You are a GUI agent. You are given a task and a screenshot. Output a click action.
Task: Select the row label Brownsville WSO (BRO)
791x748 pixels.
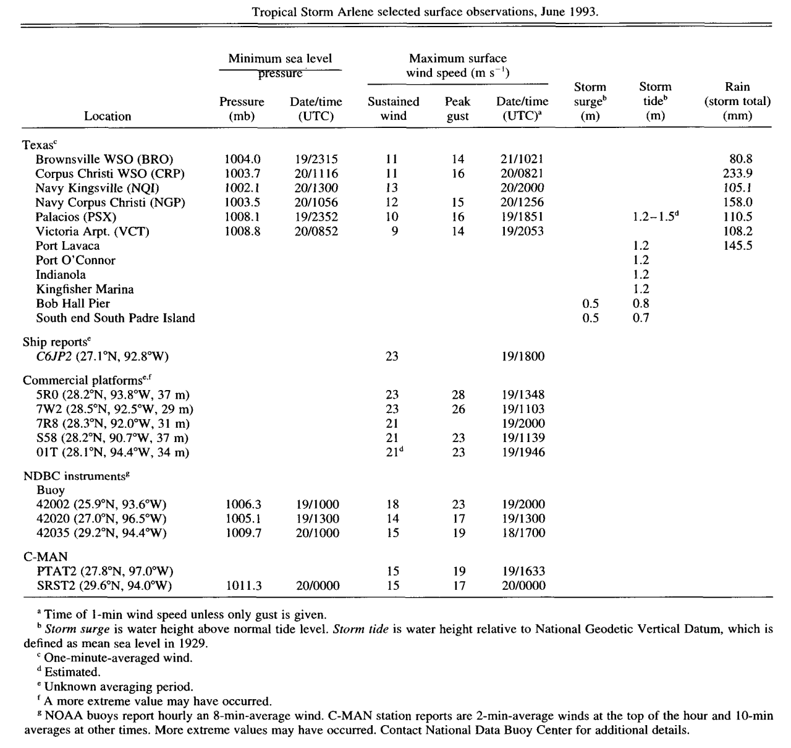tap(104, 159)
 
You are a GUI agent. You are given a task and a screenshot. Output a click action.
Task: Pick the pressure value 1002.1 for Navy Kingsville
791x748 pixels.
tap(242, 188)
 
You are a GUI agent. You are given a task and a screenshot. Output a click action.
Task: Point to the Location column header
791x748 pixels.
tap(108, 116)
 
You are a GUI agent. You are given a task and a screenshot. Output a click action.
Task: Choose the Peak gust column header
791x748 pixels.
tap(457, 109)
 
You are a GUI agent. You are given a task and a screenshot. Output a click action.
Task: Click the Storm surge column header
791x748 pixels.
tap(590, 101)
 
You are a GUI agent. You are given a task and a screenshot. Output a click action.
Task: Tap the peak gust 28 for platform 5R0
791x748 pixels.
tap(458, 394)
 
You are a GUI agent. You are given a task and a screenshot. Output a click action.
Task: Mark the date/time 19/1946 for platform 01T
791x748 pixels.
tap(523, 453)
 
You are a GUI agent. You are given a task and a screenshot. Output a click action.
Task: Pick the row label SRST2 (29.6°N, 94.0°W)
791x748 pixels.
tap(104, 585)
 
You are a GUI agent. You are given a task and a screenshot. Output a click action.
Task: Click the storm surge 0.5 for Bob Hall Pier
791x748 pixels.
tap(591, 304)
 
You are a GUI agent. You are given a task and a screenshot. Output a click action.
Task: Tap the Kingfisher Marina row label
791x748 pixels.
tap(85, 289)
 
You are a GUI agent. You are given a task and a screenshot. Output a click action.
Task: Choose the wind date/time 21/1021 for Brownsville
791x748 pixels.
tap(523, 159)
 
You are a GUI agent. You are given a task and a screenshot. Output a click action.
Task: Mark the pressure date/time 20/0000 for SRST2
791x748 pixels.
tap(317, 585)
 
